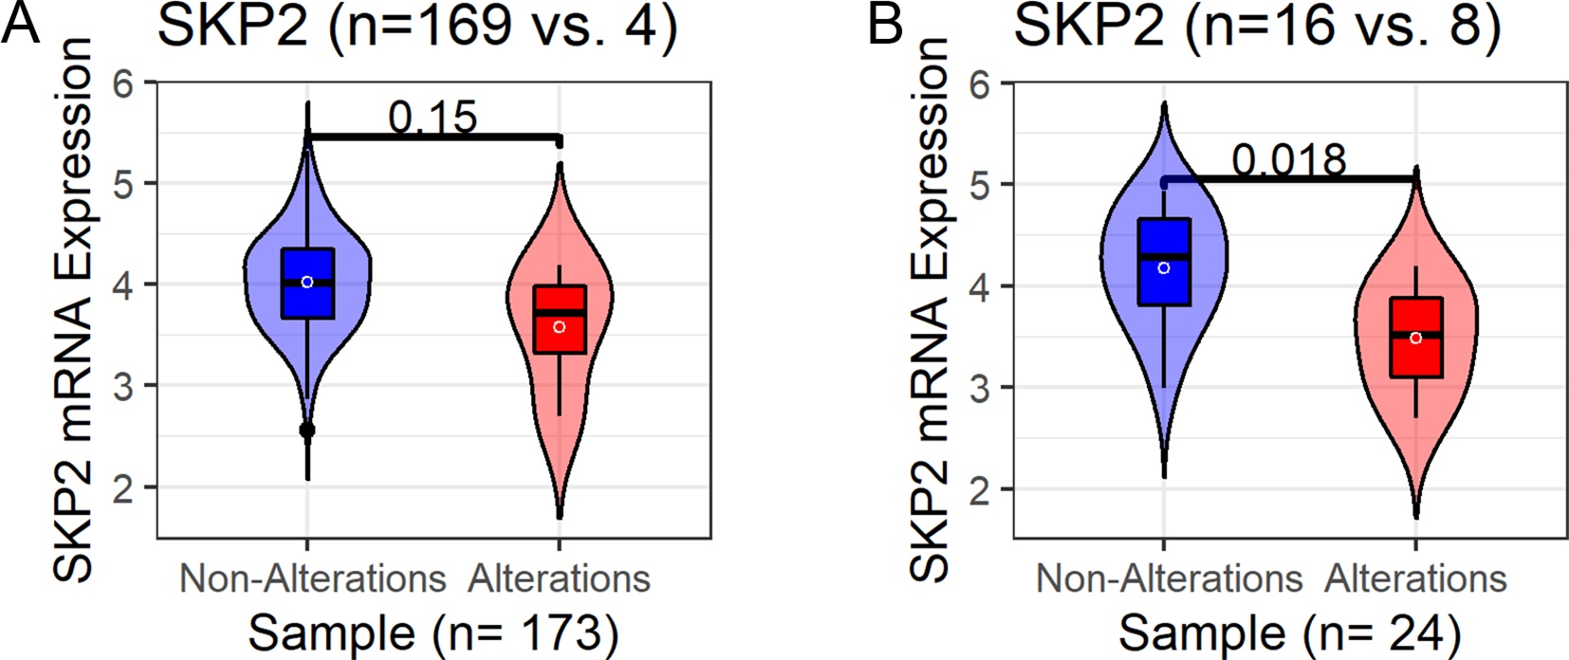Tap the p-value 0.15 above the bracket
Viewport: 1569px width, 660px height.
coord(433,117)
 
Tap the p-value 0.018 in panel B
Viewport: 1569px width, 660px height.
coord(1289,159)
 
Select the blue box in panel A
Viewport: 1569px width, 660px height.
coord(307,284)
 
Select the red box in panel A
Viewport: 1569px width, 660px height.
coord(560,320)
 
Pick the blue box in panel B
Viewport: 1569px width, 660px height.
coord(1164,263)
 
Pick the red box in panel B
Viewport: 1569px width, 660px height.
coord(1415,338)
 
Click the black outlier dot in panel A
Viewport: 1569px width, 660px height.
coord(307,431)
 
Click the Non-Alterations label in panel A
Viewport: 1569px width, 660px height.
coord(312,578)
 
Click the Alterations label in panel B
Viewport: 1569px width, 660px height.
coord(1416,578)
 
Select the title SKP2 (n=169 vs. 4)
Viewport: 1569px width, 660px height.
coord(417,26)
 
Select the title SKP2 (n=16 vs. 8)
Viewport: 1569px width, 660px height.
coord(1258,26)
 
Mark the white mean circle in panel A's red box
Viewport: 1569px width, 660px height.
coord(560,327)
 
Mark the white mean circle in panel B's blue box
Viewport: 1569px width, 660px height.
coord(1164,268)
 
